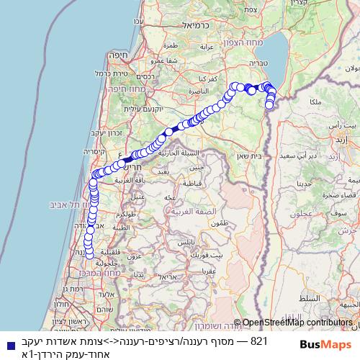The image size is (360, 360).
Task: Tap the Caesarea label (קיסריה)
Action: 99,152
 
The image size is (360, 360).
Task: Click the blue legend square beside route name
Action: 8,345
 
